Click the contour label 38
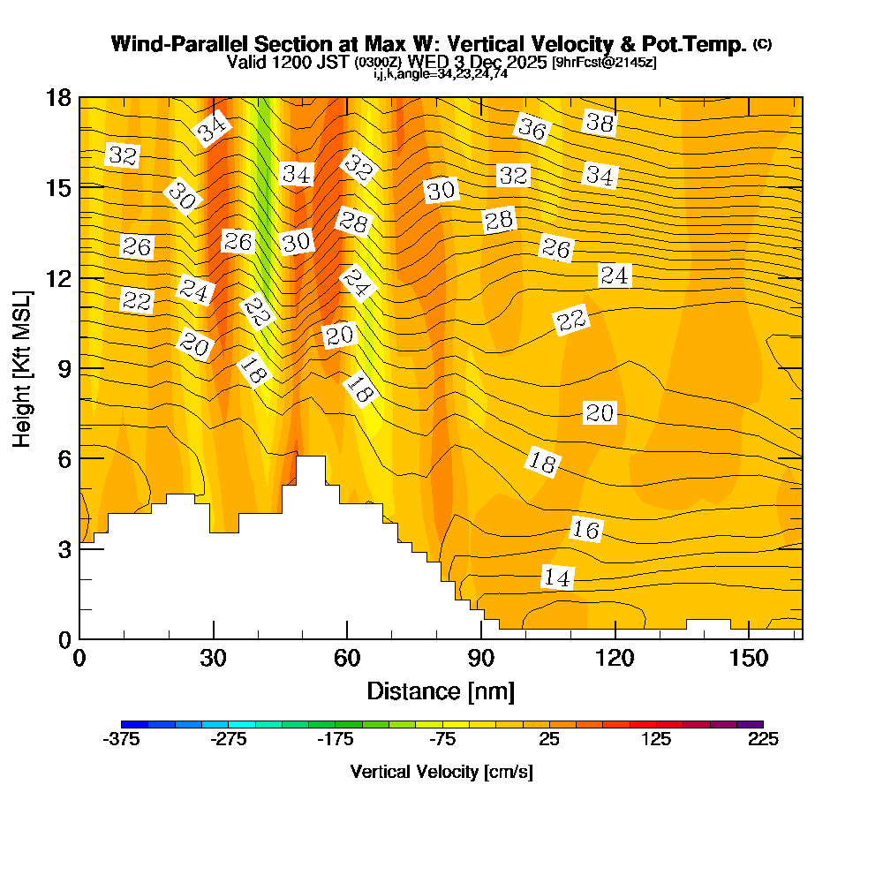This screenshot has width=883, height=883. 600,124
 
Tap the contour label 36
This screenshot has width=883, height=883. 532,130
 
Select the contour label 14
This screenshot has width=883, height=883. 557,578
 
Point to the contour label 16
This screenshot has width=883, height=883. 585,530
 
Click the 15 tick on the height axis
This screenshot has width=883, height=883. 59,187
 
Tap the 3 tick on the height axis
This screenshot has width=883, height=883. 64,548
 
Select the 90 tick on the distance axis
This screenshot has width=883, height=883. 480,658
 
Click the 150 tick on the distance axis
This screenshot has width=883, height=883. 748,658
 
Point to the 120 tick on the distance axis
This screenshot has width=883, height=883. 615,658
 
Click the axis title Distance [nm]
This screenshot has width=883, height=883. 441,691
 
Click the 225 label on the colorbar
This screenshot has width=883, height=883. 763,740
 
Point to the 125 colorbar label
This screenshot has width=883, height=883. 656,740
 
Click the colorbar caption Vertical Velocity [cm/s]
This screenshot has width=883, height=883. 441,772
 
